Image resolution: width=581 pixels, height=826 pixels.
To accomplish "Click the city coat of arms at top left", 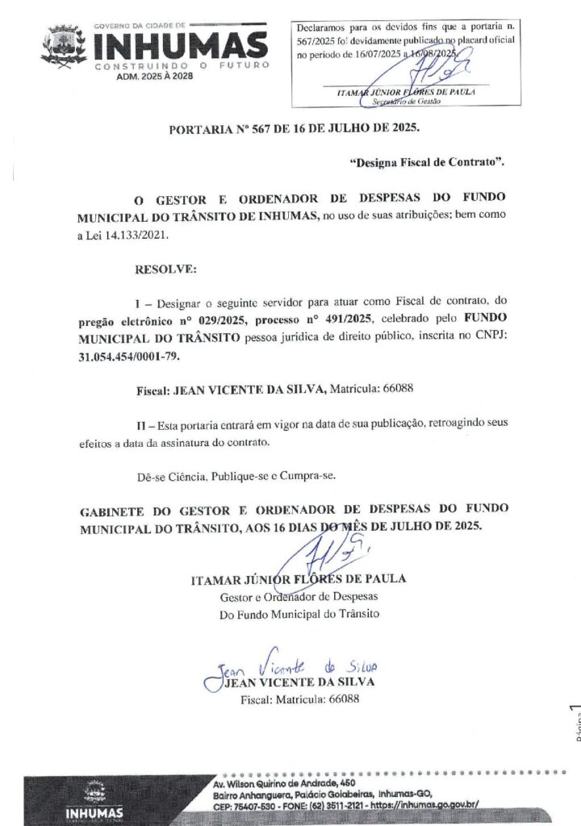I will (x=64, y=45).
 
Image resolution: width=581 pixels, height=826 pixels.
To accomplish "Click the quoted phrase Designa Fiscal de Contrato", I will (x=427, y=162).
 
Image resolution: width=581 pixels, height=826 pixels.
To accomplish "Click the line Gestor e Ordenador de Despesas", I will (x=299, y=597).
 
